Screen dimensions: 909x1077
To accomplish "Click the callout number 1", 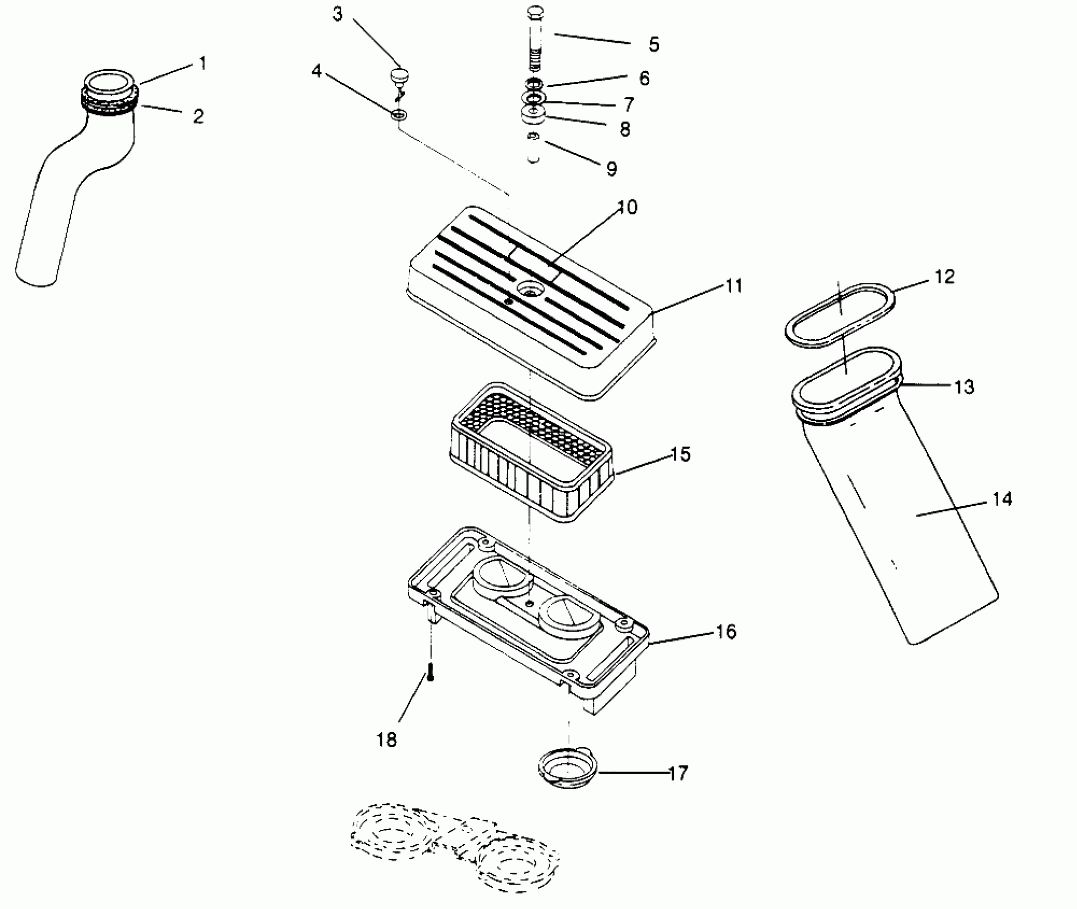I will (202, 64).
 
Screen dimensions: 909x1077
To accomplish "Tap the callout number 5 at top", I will (653, 44).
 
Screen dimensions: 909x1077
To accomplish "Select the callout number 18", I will (387, 740).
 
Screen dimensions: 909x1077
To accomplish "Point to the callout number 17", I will (678, 773).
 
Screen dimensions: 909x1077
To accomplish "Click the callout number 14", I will (1002, 499).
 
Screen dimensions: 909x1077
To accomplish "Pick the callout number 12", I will (944, 276).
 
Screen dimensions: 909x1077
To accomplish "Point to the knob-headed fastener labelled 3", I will (397, 76).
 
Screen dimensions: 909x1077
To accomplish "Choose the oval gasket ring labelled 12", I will (840, 315).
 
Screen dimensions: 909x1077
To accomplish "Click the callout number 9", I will (612, 169).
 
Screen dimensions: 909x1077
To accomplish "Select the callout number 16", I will (726, 631).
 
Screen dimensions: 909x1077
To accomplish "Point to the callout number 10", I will (628, 207).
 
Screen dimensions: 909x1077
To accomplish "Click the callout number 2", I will (198, 116).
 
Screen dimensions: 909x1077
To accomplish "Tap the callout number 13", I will (964, 387).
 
